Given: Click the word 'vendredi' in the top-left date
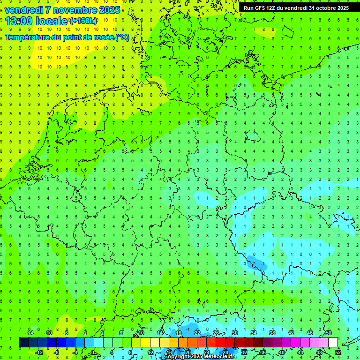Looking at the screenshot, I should [x=23, y=9].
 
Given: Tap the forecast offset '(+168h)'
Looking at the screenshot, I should [x=84, y=21].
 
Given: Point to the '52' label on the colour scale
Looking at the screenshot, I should [x=337, y=352].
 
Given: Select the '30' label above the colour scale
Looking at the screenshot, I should [x=234, y=333].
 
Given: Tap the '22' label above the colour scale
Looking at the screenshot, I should [x=197, y=333].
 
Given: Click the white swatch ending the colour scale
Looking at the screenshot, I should [x=333, y=343].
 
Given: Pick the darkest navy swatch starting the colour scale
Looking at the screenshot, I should [x=23, y=343].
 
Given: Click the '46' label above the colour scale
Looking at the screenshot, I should [x=309, y=333].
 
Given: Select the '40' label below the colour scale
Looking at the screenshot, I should [x=281, y=352].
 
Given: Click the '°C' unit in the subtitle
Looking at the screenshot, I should [x=122, y=37].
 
